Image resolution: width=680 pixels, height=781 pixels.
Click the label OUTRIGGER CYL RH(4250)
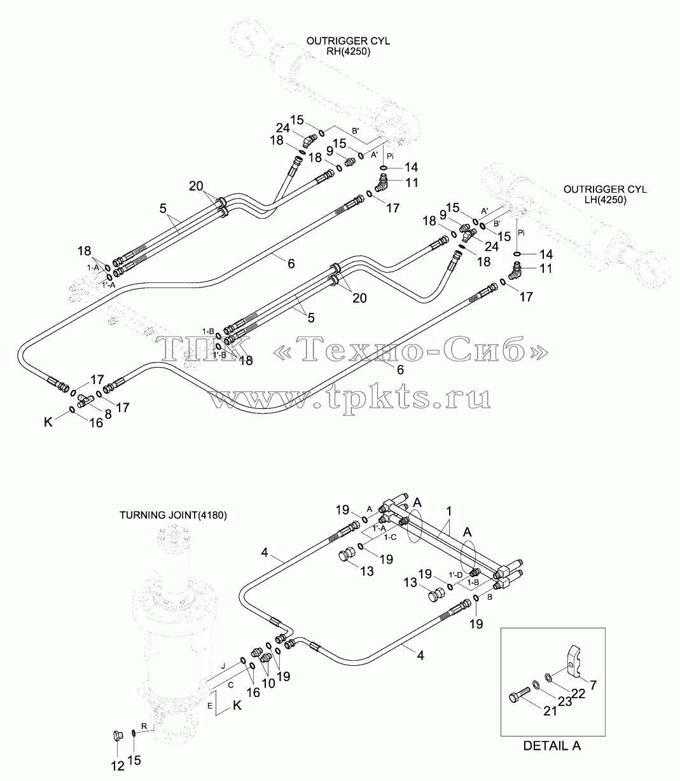pyautogui.click(x=348, y=46)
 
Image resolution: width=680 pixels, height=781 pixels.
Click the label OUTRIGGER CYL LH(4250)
pyautogui.click(x=605, y=194)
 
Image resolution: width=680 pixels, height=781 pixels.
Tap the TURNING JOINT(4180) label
pyautogui.click(x=173, y=515)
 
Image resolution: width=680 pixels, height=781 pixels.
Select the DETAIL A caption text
pyautogui.click(x=552, y=745)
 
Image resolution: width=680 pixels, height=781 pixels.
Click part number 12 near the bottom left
pyautogui.click(x=118, y=766)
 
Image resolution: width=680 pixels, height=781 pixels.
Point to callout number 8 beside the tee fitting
pyautogui.click(x=108, y=414)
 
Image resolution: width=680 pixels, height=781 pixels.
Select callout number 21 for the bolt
pyautogui.click(x=550, y=711)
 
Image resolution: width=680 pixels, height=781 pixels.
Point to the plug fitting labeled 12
pyautogui.click(x=118, y=735)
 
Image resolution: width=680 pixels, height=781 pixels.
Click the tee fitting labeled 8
pyautogui.click(x=85, y=401)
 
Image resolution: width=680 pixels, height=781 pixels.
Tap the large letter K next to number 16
pyautogui.click(x=48, y=422)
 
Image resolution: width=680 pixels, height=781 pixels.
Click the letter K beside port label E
pyautogui.click(x=237, y=706)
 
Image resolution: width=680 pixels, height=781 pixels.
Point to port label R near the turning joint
pyautogui.click(x=144, y=726)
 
